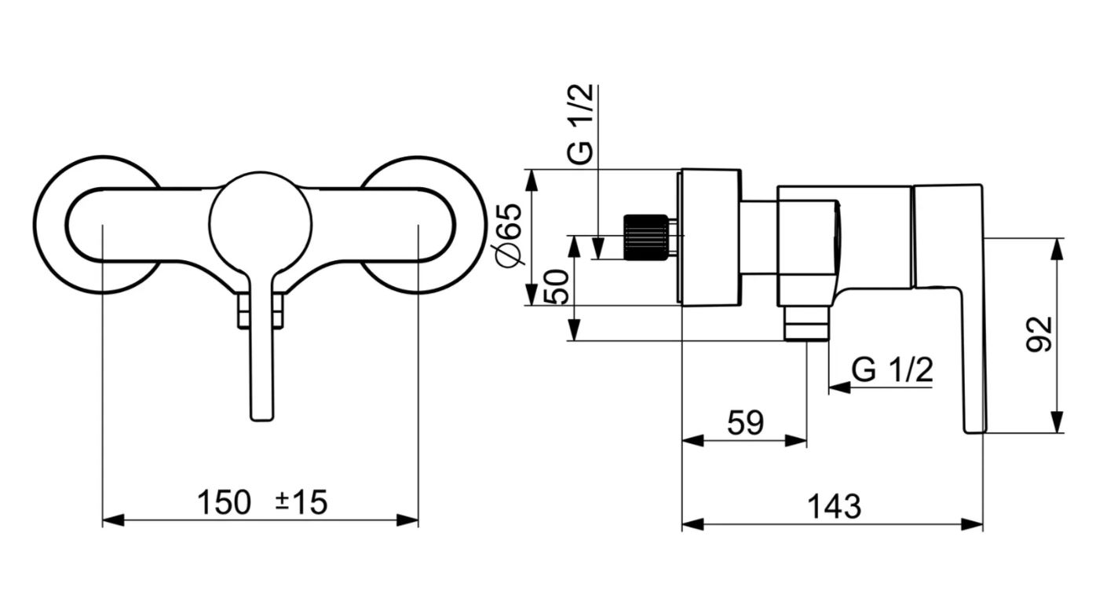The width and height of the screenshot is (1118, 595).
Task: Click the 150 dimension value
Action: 224,502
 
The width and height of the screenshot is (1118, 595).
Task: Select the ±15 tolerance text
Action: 301,502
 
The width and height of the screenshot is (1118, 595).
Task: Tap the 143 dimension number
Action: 835,507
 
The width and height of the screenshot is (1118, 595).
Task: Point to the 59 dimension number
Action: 745,423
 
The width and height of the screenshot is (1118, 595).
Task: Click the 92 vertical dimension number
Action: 1039,334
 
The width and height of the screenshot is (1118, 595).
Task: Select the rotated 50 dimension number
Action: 556,287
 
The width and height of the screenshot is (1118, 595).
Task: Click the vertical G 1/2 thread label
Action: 580,124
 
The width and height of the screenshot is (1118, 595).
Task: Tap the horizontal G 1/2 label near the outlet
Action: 892,370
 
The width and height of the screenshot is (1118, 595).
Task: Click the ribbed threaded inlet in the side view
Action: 646,237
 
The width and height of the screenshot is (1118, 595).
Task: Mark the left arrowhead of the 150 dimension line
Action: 113,520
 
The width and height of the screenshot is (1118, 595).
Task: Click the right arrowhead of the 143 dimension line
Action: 972,524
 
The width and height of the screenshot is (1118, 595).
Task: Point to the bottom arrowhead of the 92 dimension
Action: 1058,421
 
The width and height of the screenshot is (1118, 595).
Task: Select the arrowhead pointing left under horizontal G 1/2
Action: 839,387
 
